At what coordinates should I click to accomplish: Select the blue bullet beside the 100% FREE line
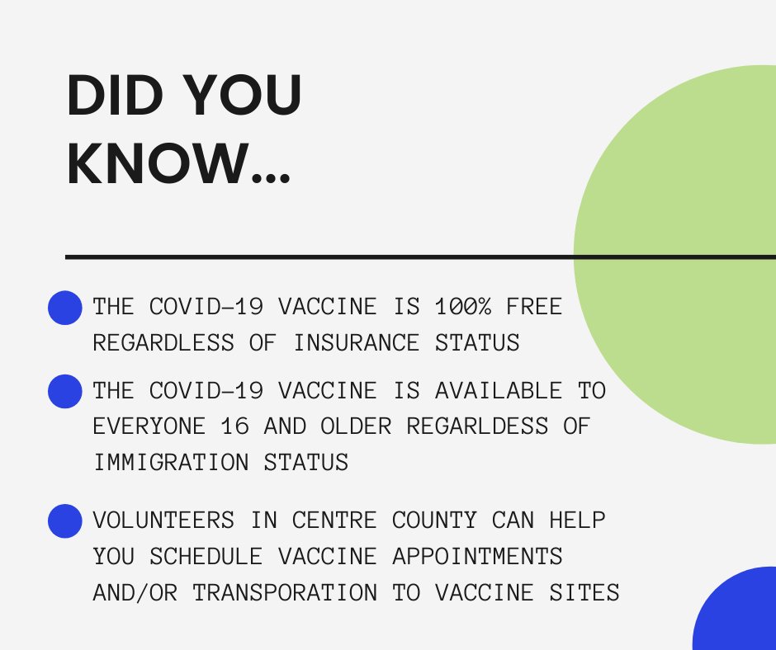pos(65,308)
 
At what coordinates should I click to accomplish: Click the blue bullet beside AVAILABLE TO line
pos(65,391)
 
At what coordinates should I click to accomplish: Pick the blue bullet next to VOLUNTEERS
pos(65,521)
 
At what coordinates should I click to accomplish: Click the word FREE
pos(533,307)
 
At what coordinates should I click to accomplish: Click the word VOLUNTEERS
pos(163,520)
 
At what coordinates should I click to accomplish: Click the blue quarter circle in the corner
pos(740,614)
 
